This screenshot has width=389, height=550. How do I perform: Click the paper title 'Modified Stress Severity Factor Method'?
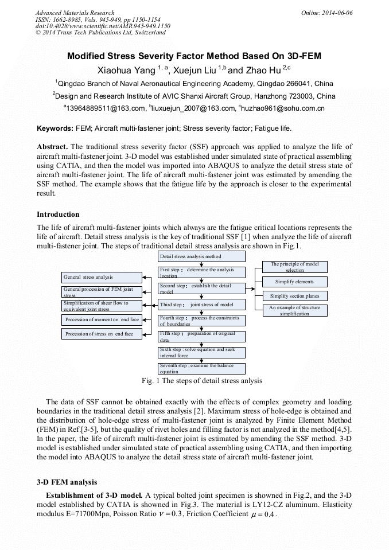[x=194, y=56]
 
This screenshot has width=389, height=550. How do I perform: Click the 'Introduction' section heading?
[x=58, y=214]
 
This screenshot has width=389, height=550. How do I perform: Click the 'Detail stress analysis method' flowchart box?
[x=201, y=256]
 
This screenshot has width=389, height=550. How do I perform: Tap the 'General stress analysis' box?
[x=102, y=277]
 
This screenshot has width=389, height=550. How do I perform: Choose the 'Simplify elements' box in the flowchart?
[x=295, y=282]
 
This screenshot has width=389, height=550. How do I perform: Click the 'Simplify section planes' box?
[x=295, y=296]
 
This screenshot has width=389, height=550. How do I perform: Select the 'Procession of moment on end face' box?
[x=102, y=319]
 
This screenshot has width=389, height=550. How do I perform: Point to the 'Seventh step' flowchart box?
[x=201, y=368]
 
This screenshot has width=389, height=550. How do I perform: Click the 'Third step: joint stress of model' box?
[x=201, y=305]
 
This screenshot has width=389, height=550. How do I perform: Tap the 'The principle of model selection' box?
[x=295, y=267]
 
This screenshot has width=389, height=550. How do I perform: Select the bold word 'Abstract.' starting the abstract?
[x=53, y=147]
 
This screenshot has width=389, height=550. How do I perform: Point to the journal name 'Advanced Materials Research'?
[x=75, y=13]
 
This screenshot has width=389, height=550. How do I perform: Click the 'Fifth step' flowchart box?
[x=201, y=336]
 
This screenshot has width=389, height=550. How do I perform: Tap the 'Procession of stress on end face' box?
[x=102, y=334]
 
